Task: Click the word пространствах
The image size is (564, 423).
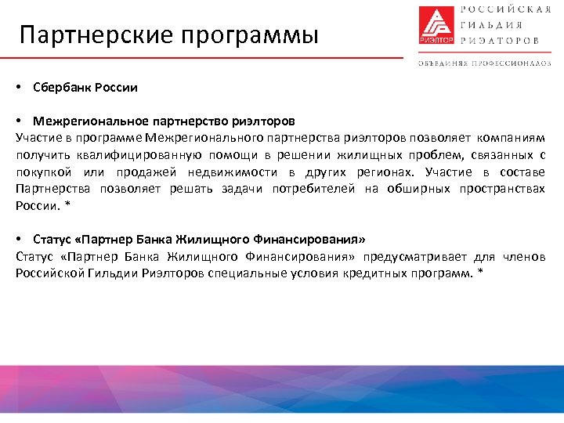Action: coord(508,189)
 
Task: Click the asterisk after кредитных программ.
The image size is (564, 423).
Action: coord(480,273)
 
